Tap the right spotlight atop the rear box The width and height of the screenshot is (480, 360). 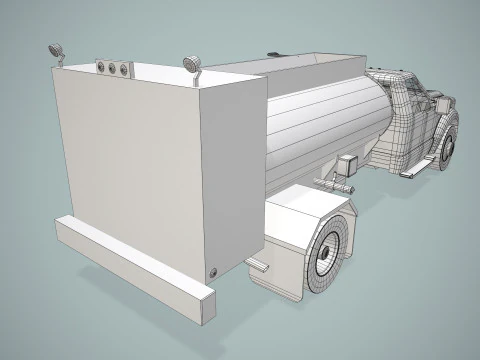[190, 64]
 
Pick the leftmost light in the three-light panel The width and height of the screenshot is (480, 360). [101, 67]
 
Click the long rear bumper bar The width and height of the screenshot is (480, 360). [135, 269]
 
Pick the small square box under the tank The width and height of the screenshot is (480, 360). [348, 168]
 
